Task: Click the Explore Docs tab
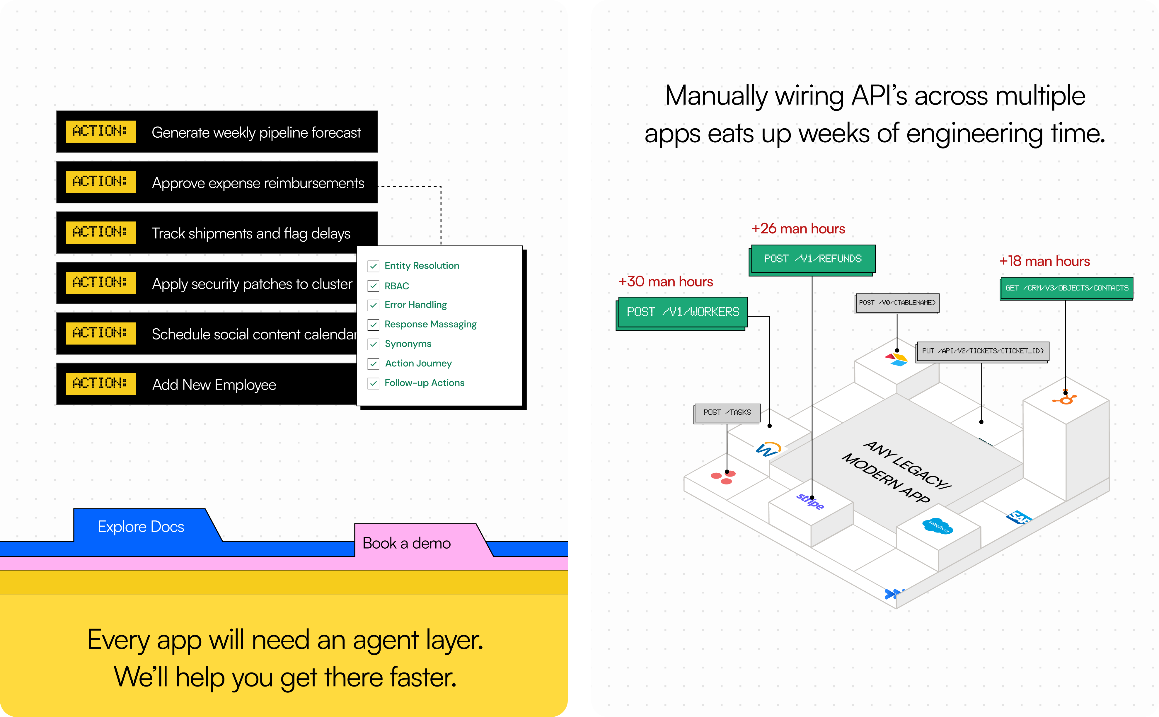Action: click(x=141, y=526)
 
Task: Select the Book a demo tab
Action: click(x=406, y=543)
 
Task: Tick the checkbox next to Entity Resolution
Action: click(x=373, y=266)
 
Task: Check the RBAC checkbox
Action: click(x=373, y=286)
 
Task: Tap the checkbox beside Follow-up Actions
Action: click(x=373, y=383)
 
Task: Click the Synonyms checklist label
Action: click(x=408, y=344)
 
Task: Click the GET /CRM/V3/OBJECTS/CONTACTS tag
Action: click(x=1066, y=288)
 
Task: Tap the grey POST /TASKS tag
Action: click(x=727, y=413)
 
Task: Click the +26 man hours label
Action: click(x=798, y=228)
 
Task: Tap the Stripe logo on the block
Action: click(x=810, y=501)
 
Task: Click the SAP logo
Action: click(x=1018, y=517)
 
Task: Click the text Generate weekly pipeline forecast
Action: click(x=256, y=133)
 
